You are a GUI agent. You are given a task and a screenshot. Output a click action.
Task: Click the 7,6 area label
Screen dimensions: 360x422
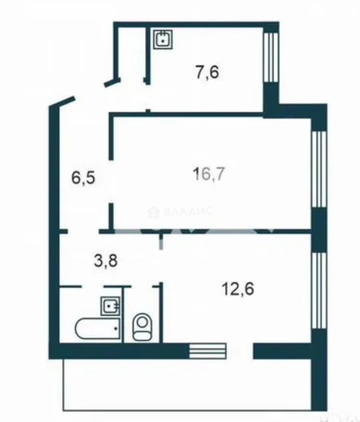(x=207, y=72)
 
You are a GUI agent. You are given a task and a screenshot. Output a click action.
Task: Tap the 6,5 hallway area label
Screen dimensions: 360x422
(x=83, y=178)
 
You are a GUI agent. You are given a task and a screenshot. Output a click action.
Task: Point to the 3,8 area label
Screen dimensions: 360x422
(x=106, y=261)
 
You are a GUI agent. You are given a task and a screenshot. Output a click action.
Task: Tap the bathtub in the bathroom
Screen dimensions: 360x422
(x=97, y=329)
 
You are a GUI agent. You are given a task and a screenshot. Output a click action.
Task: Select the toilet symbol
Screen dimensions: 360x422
(x=143, y=327)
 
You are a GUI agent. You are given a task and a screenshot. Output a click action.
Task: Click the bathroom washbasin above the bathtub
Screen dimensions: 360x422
(x=110, y=306)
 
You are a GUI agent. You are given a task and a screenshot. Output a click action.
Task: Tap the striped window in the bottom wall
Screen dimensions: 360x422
(x=208, y=350)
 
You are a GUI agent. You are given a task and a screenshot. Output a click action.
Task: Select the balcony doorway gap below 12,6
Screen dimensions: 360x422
(x=240, y=350)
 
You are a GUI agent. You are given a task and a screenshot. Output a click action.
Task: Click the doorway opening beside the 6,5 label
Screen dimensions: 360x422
(x=111, y=182)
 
